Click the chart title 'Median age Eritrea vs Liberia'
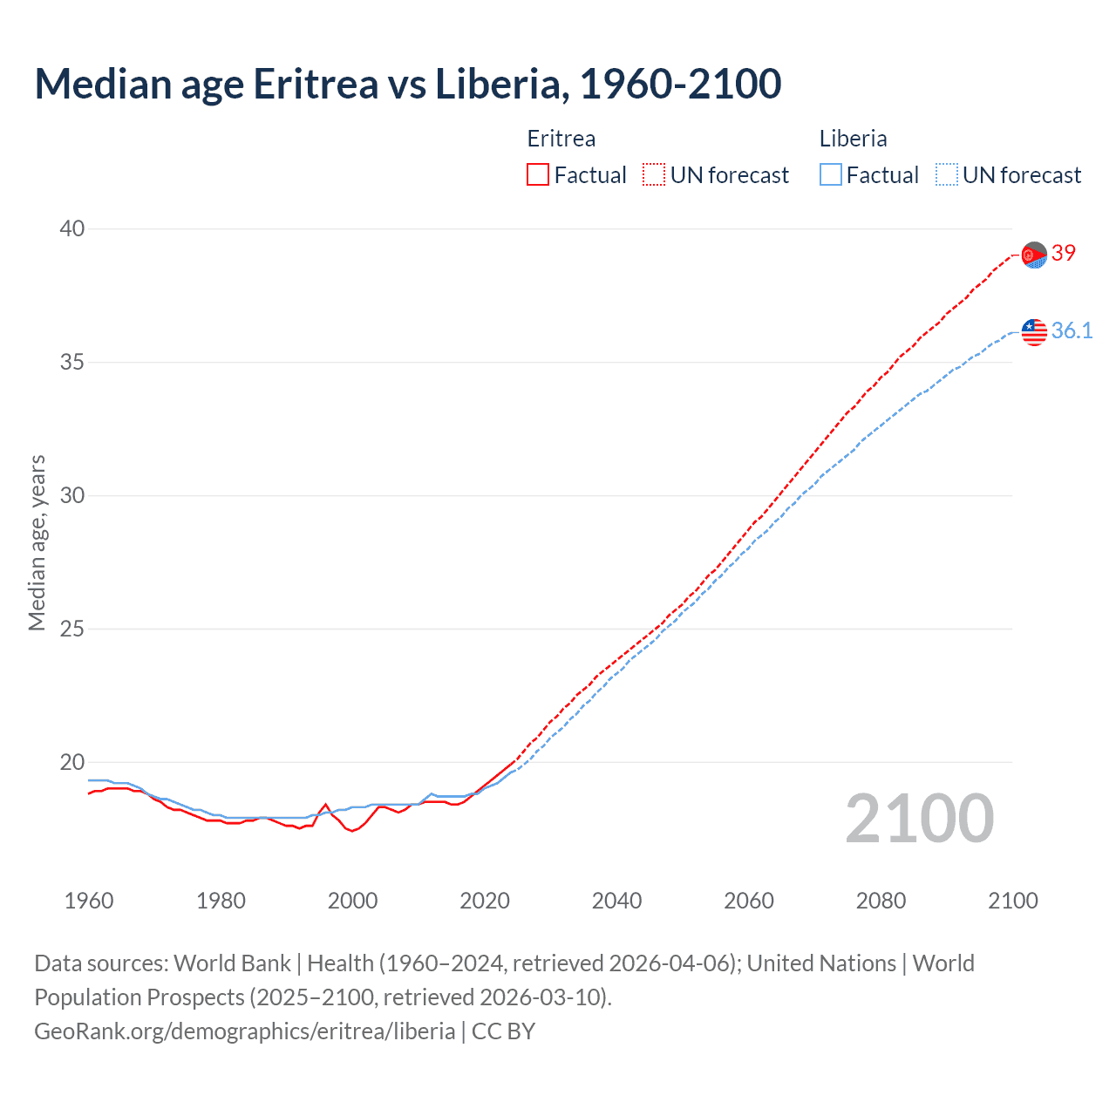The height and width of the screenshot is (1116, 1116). tap(407, 84)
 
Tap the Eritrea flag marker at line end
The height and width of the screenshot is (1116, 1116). tap(1034, 255)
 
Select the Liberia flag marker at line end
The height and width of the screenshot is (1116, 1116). tap(1034, 331)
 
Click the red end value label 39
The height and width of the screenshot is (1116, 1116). tap(1064, 253)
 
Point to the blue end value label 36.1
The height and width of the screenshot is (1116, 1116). tap(1072, 330)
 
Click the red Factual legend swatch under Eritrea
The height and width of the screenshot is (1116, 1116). tap(538, 175)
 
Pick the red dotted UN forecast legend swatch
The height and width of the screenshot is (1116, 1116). tap(654, 175)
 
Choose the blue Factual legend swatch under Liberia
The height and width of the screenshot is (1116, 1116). tap(830, 175)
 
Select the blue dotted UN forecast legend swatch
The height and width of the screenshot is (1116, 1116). tap(946, 175)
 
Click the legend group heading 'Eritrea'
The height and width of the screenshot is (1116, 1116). tap(561, 139)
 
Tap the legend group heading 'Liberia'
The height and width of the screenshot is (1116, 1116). tap(853, 139)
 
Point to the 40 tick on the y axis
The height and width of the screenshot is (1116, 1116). tap(71, 228)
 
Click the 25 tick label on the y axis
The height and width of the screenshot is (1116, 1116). tap(71, 629)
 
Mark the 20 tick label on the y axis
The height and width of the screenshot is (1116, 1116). tap(71, 762)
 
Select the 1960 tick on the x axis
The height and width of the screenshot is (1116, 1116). tap(89, 901)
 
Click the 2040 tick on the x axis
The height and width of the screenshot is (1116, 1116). tap(616, 901)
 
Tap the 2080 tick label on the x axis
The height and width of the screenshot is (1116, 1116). tap(881, 901)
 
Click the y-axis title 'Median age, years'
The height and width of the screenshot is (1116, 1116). tap(37, 542)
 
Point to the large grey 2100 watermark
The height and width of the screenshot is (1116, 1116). tap(919, 819)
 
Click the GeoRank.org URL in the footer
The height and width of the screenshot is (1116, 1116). tap(244, 1031)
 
